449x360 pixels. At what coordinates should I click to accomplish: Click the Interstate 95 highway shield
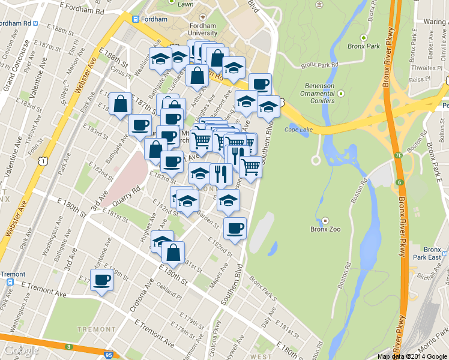click(108, 355)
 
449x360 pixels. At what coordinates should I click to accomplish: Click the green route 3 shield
click(68, 347)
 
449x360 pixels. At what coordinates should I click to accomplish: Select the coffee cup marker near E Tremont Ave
click(101, 280)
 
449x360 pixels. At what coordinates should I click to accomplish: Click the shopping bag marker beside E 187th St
click(121, 103)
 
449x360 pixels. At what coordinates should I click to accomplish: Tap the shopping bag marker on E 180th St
click(173, 252)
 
